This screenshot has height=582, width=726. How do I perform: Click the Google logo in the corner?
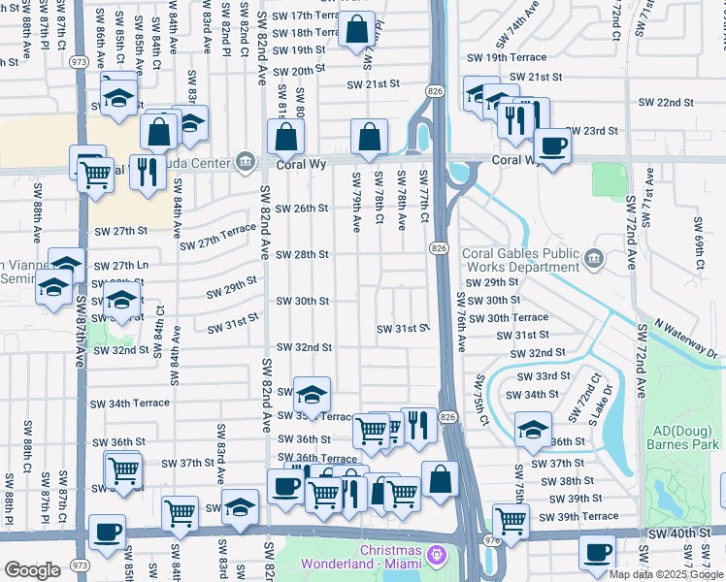31,570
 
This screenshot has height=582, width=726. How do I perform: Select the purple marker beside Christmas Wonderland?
438,555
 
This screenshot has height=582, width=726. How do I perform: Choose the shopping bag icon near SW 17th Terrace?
357,30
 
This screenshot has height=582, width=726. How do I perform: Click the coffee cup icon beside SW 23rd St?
552,145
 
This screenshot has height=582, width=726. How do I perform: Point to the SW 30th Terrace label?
517,317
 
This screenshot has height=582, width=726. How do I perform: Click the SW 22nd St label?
666,102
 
